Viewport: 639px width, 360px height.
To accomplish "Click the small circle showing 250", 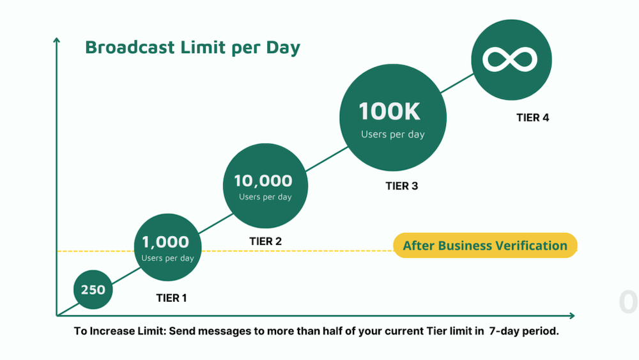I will pyautogui.click(x=93, y=290).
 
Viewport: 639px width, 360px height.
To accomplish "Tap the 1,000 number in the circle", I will pyautogui.click(x=166, y=242).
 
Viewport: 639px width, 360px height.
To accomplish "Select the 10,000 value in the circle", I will pyautogui.click(x=263, y=181).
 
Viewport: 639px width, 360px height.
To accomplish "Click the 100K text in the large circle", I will pyautogui.click(x=390, y=112).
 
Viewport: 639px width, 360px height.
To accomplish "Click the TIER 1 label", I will pyautogui.click(x=172, y=298).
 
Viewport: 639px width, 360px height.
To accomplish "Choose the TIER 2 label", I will pyautogui.click(x=265, y=242).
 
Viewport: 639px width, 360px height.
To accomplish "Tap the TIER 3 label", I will pyautogui.click(x=401, y=186).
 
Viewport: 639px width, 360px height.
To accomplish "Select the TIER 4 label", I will pyautogui.click(x=532, y=118).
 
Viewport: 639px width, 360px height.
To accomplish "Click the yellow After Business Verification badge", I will pyautogui.click(x=484, y=246).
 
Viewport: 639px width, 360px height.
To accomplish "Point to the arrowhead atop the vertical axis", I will pyautogui.click(x=57, y=40).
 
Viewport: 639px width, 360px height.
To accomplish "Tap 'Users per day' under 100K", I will pyautogui.click(x=392, y=134).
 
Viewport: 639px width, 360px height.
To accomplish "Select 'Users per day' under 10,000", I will pyautogui.click(x=265, y=197).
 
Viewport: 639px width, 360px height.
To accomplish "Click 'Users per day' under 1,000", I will pyautogui.click(x=167, y=258).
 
